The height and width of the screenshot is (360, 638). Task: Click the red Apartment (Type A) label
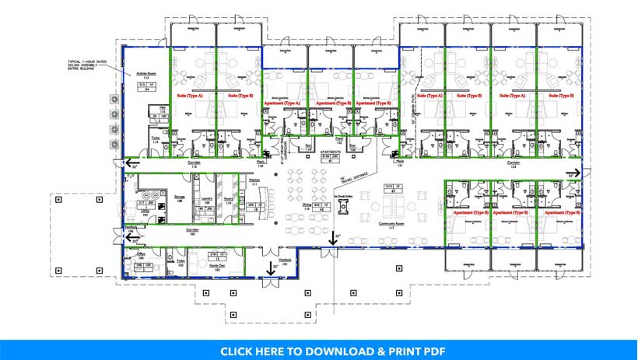[x=282, y=103]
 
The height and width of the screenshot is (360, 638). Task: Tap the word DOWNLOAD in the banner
[x=324, y=351]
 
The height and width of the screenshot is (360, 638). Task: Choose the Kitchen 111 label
[x=254, y=180]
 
